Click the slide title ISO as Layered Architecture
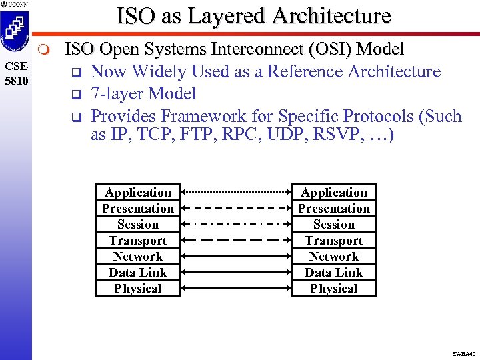click(253, 15)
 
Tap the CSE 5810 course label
click(16, 73)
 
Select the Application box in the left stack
click(138, 193)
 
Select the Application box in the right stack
click(334, 193)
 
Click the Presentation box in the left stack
click(138, 209)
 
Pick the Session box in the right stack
click(334, 225)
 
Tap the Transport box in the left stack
click(138, 241)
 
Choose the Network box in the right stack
click(334, 257)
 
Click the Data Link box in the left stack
click(138, 273)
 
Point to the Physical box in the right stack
click(334, 289)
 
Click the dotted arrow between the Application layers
click(236, 192)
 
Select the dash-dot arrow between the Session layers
click(236, 224)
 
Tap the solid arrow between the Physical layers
click(236, 288)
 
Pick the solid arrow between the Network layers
click(236, 256)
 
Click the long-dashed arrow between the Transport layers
click(236, 240)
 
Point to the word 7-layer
click(119, 94)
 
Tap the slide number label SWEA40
click(463, 353)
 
